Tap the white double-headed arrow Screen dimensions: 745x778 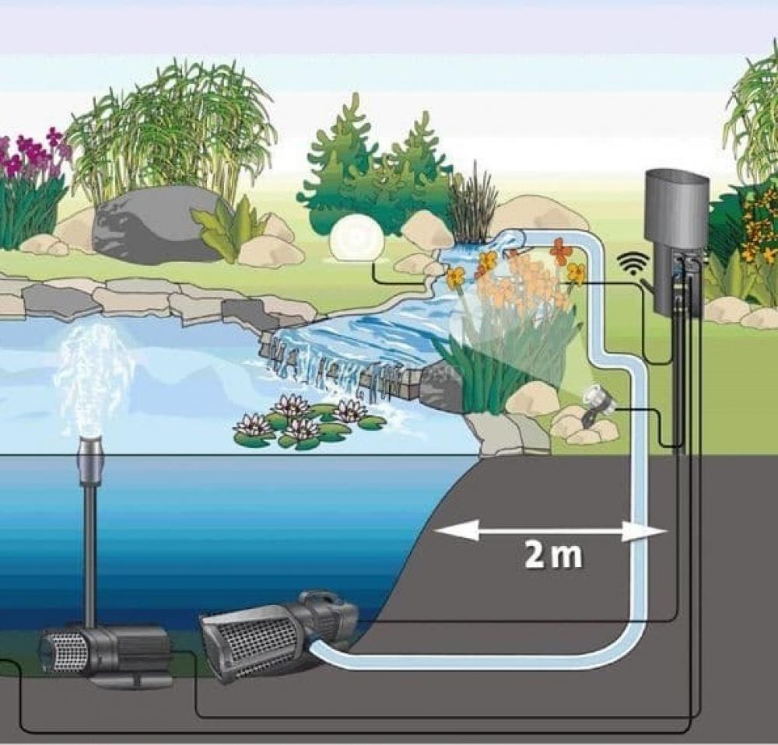coord(549,532)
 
